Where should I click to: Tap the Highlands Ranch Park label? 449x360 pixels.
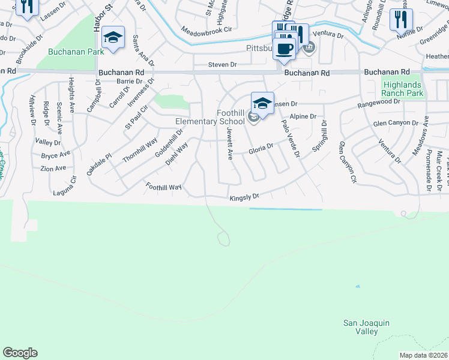click(x=403, y=89)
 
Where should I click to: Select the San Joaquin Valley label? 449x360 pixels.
click(x=366, y=327)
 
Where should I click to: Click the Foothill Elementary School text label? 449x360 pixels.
click(x=210, y=117)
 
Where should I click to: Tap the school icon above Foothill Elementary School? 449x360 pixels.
click(x=262, y=103)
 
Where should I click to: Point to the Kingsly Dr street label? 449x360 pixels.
click(x=244, y=197)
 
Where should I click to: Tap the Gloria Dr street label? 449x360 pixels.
click(x=262, y=147)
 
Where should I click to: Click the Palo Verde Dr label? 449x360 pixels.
click(x=290, y=139)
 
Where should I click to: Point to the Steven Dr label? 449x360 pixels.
click(x=222, y=64)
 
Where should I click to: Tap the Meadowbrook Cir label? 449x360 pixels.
click(x=206, y=29)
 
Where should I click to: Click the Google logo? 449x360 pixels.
click(x=20, y=353)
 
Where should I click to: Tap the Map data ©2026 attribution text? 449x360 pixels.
click(x=423, y=355)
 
